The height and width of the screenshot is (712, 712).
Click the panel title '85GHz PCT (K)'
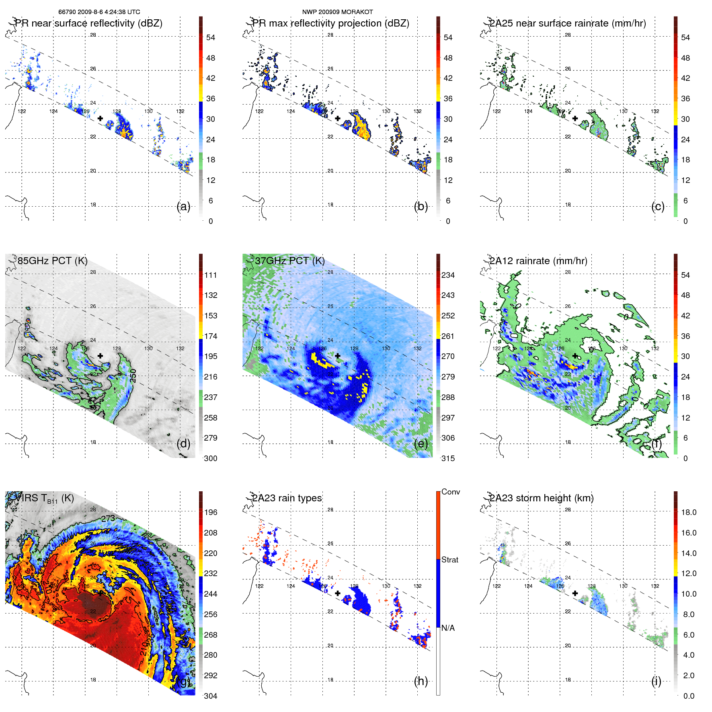tap(52, 261)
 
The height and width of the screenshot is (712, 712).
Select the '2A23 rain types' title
tap(287, 498)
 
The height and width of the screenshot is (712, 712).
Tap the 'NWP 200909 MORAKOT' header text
tap(337, 12)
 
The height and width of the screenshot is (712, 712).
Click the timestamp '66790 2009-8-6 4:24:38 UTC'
tap(99, 12)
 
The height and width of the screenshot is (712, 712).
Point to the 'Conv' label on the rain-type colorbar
tap(450, 492)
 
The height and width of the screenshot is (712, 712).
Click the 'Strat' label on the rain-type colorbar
tap(450, 560)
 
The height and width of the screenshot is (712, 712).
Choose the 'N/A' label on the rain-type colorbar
tap(448, 628)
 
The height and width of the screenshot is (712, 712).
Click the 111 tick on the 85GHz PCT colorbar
tap(211, 275)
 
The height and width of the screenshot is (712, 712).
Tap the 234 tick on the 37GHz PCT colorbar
tap(448, 275)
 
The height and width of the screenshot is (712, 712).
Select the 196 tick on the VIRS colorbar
tap(211, 512)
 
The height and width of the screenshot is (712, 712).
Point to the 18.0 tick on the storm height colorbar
tap(689, 512)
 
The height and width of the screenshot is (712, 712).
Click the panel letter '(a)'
tap(183, 206)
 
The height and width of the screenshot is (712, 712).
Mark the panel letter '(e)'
tap(421, 443)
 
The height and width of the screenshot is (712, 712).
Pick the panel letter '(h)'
tap(421, 681)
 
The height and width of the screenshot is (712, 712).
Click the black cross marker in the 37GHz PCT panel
tap(338, 356)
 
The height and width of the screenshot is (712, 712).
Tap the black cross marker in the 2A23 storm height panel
tap(575, 593)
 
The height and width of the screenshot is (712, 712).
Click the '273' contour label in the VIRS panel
tap(108, 519)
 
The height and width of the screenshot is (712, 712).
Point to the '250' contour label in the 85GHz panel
tap(133, 375)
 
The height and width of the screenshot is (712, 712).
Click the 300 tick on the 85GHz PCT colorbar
tap(211, 458)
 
